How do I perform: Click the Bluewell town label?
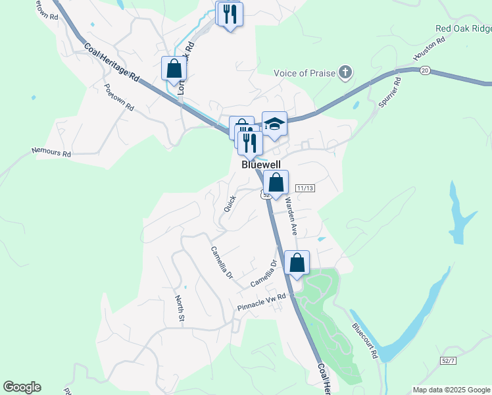click(261, 164)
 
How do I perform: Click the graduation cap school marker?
click(275, 124)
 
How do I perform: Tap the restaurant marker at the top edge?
click(230, 14)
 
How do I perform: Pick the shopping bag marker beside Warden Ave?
click(276, 182)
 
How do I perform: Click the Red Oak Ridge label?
click(463, 28)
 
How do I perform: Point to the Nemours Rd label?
click(51, 152)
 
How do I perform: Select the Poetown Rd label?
click(118, 97)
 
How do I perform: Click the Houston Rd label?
click(430, 50)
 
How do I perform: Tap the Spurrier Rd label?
click(389, 93)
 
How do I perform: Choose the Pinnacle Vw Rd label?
click(262, 302)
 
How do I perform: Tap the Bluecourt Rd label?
click(364, 340)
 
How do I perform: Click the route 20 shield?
click(425, 70)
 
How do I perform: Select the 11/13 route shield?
click(305, 188)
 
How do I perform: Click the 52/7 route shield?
click(449, 359)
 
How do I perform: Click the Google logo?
click(22, 387)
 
